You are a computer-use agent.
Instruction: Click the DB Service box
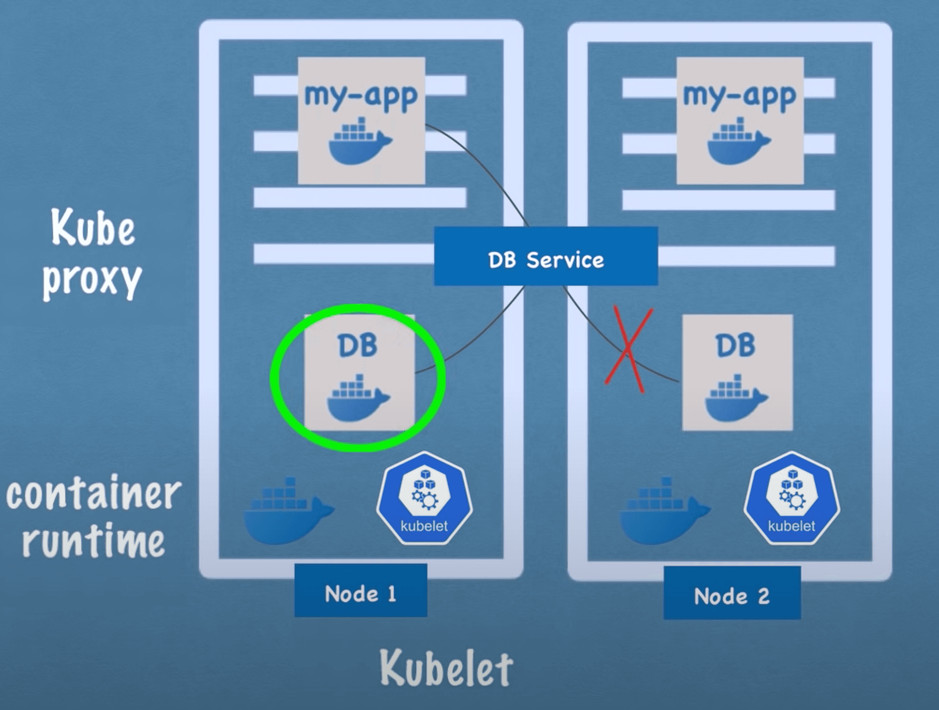pyautogui.click(x=546, y=256)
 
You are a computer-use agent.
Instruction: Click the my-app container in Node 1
pyautogui.click(x=361, y=120)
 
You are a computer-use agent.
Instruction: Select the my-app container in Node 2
pyautogui.click(x=740, y=120)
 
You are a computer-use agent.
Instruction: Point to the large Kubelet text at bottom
pyautogui.click(x=446, y=668)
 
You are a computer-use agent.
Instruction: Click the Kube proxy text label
pyautogui.click(x=92, y=252)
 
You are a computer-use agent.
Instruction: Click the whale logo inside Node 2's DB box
pyautogui.click(x=736, y=399)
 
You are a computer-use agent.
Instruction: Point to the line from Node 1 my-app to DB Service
pyautogui.click(x=489, y=171)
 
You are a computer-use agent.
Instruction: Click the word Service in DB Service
pyautogui.click(x=565, y=260)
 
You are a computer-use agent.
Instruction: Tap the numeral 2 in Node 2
pyautogui.click(x=763, y=596)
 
